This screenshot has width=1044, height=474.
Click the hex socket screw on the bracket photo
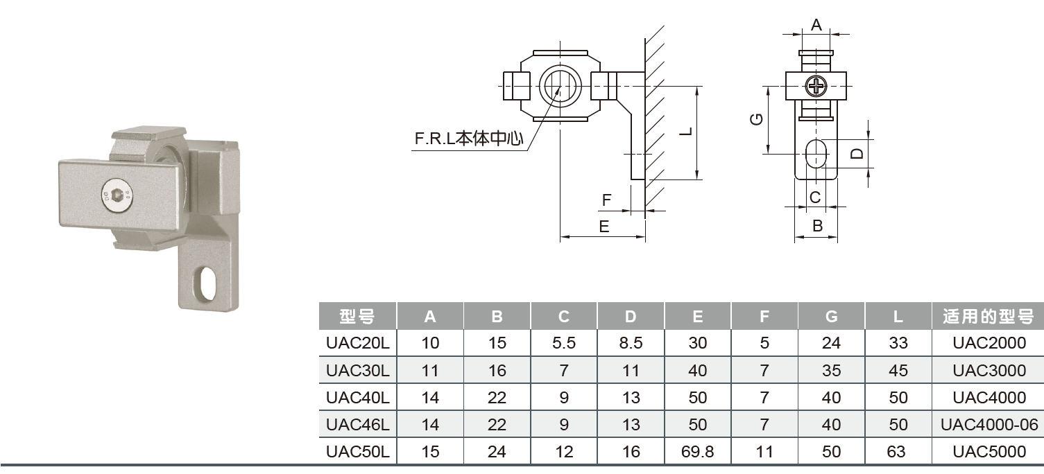click(x=116, y=197)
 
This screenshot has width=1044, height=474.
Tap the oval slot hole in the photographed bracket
click(x=206, y=285)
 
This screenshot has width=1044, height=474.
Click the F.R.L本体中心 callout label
click(x=468, y=139)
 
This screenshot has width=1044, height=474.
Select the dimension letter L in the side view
click(x=685, y=132)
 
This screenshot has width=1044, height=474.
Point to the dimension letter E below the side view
click(x=604, y=227)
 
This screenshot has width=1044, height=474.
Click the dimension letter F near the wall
click(x=607, y=201)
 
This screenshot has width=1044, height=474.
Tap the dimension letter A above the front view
click(x=816, y=26)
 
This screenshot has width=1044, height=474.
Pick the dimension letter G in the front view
click(x=758, y=119)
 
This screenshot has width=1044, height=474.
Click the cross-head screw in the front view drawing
click(x=816, y=87)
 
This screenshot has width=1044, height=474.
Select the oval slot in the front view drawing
click(x=816, y=152)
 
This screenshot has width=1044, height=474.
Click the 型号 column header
click(x=357, y=317)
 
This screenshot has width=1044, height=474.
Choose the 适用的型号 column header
click(x=989, y=317)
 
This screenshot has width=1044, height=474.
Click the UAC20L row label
click(x=357, y=342)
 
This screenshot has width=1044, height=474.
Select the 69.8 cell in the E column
click(x=697, y=452)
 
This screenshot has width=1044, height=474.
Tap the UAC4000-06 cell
click(x=989, y=425)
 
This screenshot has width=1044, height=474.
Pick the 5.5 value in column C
click(x=563, y=342)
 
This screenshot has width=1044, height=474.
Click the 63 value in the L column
click(x=897, y=452)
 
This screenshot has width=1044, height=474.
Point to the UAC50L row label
click(x=357, y=452)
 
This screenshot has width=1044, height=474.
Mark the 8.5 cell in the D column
click(x=631, y=342)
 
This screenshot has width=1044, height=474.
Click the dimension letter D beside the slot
click(x=857, y=153)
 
